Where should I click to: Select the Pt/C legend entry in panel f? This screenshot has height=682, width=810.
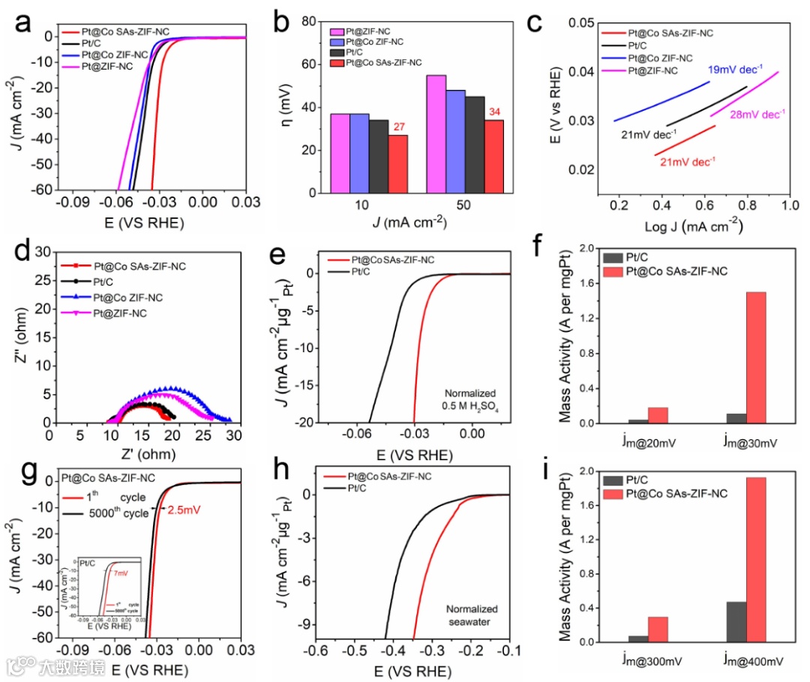click(x=629, y=258)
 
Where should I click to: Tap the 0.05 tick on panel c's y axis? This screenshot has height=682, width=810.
click(x=574, y=23)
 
